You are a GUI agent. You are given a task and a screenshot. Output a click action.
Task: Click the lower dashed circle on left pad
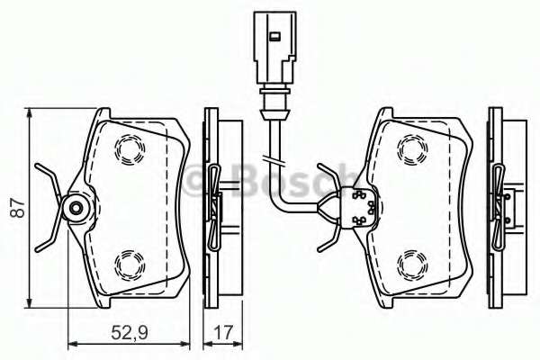(131, 264)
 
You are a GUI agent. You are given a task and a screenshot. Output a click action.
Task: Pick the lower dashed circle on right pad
(415, 262)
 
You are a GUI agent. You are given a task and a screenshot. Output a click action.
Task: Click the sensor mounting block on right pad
(360, 207)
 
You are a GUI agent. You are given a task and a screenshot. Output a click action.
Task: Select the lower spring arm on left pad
(48, 239)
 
